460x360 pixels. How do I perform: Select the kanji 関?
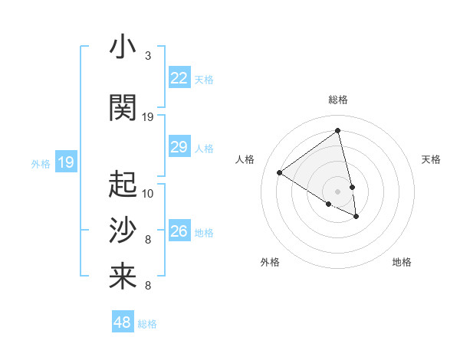pyautogui.click(x=123, y=108)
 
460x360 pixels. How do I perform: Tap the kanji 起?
pyautogui.click(x=123, y=184)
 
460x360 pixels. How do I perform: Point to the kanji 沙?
pyautogui.click(x=123, y=231)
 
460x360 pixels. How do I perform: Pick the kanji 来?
pyautogui.click(x=123, y=277)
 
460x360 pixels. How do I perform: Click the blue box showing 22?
pyautogui.click(x=179, y=78)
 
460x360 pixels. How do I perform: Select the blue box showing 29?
pyautogui.click(x=179, y=147)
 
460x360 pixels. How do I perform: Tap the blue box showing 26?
pyautogui.click(x=179, y=231)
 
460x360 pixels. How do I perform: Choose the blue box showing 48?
pyautogui.click(x=123, y=322)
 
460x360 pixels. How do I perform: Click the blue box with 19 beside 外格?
pyautogui.click(x=65, y=162)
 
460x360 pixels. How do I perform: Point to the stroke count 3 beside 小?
pyautogui.click(x=148, y=56)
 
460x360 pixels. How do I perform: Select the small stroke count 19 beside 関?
pyautogui.click(x=148, y=117)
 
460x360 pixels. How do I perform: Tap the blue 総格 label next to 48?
pyautogui.click(x=147, y=324)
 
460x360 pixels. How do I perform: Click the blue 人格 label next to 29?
pyautogui.click(x=204, y=149)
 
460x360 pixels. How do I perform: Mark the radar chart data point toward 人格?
pyautogui.click(x=279, y=173)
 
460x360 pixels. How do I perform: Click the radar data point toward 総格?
pyautogui.click(x=337, y=130)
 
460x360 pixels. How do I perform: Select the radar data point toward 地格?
pyautogui.click(x=356, y=217)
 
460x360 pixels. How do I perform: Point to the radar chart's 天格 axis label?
pyautogui.click(x=431, y=159)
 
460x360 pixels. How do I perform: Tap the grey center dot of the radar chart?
pyautogui.click(x=337, y=191)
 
